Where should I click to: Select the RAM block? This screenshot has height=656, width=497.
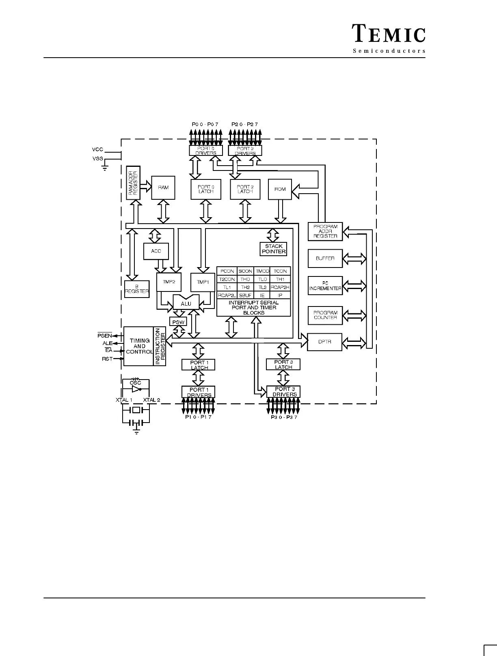163,188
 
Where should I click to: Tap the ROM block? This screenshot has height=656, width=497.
280,189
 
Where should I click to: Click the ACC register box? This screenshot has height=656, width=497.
156,251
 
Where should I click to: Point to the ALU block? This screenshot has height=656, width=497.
186,303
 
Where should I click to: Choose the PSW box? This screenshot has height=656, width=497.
178,322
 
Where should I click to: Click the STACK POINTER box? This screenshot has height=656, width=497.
274,249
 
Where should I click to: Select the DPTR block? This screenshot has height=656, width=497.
325,342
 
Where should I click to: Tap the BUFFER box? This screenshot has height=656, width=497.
325,258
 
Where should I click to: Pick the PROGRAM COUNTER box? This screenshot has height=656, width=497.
325,315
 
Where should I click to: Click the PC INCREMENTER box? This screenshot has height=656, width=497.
325,286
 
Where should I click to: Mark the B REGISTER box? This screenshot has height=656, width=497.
137,289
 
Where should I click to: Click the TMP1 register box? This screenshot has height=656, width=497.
203,282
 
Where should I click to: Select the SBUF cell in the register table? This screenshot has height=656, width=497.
245,296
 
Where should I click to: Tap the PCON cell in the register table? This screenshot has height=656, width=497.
227,271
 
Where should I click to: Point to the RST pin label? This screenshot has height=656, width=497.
107,359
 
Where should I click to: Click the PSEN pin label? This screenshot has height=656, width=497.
104,336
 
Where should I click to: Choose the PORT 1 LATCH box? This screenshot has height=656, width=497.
199,365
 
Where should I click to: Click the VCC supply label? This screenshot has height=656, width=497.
97,150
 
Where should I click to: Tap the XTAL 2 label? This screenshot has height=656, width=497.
151,400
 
